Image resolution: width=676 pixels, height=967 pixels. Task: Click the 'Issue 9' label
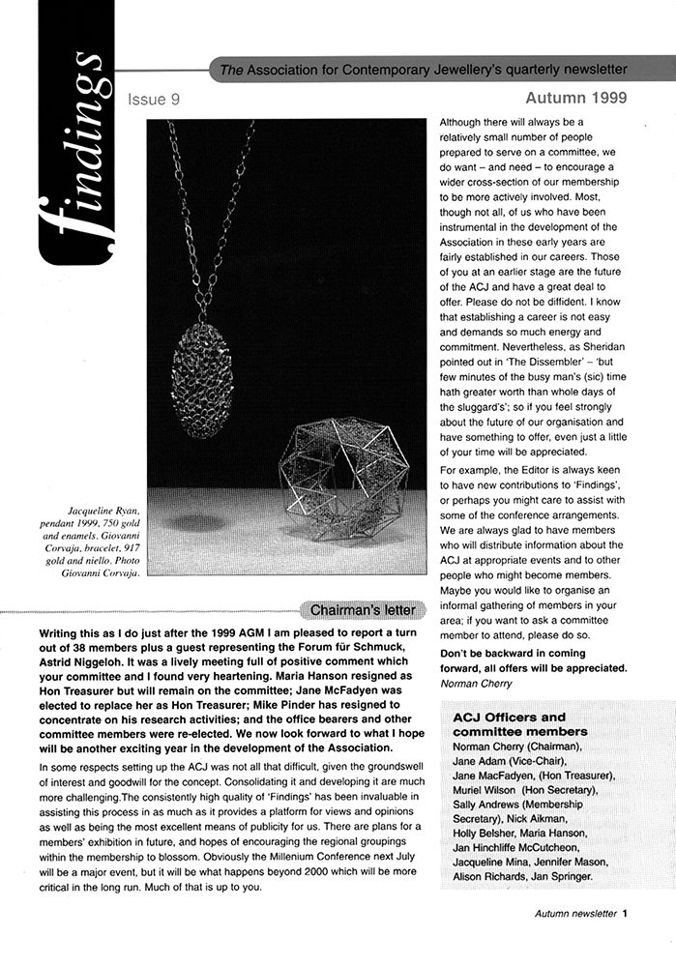(153, 99)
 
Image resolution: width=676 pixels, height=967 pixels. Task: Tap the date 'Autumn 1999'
(576, 98)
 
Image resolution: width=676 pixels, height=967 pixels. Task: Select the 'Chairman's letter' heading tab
(362, 610)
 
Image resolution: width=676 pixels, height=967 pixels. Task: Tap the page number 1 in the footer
(626, 912)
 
